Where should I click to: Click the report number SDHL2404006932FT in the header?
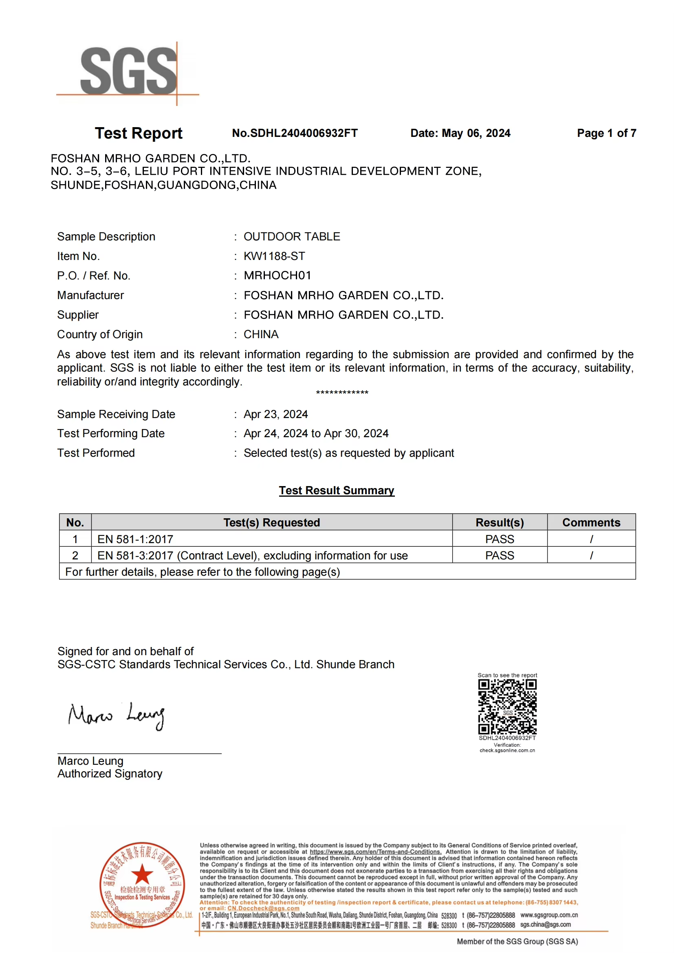point(295,133)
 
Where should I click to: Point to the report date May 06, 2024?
point(476,133)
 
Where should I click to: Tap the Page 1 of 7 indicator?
point(606,133)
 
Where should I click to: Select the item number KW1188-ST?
point(274,256)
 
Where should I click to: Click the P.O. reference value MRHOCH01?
point(277,275)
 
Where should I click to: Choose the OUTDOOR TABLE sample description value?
point(292,237)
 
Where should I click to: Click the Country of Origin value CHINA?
point(261,335)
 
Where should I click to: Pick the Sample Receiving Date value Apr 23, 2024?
point(275,414)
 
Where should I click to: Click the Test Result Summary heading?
point(337,490)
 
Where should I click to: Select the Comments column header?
point(591,522)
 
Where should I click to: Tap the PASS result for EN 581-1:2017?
point(500,539)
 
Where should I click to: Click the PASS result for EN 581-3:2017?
point(500,555)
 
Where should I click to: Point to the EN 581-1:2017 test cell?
point(135,539)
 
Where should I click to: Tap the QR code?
point(507,707)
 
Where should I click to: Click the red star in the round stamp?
point(142,874)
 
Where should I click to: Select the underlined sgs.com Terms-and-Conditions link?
point(376,852)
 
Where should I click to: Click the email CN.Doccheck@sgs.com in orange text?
point(263,908)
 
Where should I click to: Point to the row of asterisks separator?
point(342,392)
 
